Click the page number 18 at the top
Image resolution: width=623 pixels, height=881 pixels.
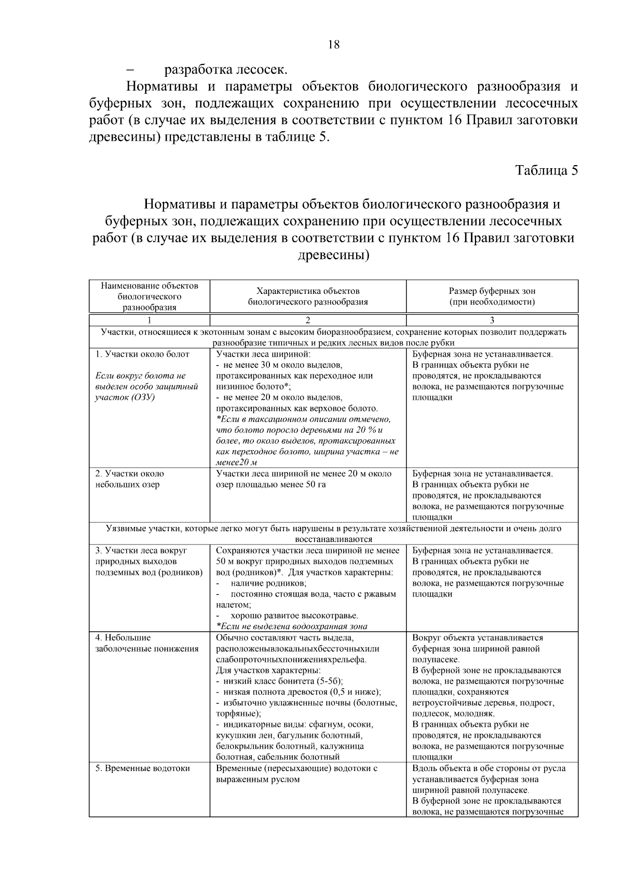point(334,45)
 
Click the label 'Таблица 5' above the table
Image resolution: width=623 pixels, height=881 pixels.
point(546,170)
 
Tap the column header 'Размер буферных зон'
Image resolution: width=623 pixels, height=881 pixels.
point(492,291)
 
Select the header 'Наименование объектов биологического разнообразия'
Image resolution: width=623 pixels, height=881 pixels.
point(150,296)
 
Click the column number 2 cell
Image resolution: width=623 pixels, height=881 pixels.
point(307,320)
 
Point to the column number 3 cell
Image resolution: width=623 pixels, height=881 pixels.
point(492,320)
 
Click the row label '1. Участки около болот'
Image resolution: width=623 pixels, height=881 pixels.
point(142,354)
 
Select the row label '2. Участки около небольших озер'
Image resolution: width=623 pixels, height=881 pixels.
point(129,479)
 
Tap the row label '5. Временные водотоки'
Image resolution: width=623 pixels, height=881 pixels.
point(142,768)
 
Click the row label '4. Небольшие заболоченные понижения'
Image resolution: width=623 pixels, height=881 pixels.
point(147,643)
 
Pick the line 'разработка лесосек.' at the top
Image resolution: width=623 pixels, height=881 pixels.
point(225,69)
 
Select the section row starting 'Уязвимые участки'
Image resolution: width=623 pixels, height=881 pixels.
point(333,534)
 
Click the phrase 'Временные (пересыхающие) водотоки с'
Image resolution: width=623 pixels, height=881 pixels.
point(296,768)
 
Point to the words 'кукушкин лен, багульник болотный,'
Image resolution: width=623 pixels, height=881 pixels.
point(289,735)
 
